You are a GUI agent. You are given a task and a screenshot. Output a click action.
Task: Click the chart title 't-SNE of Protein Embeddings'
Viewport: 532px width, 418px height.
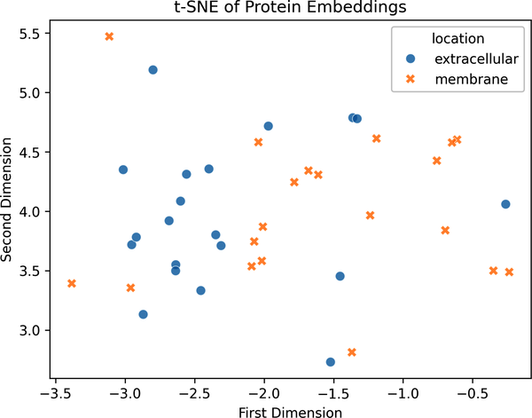coord(290,7)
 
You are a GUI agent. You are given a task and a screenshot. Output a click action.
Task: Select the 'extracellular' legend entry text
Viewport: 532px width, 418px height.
coord(476,59)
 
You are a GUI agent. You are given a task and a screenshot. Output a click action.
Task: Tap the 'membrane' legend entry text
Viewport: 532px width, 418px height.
coord(472,79)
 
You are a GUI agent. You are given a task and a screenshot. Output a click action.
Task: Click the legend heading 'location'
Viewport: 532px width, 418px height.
coord(458,38)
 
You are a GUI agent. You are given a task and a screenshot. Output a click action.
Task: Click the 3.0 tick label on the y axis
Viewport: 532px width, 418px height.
coord(30,330)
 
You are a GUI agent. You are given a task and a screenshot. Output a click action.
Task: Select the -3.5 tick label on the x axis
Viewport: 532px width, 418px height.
coord(56,394)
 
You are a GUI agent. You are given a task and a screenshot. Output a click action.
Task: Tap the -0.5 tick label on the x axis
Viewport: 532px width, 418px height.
coord(473,394)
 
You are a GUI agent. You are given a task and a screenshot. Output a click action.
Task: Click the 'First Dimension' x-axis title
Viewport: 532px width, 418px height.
coord(290,412)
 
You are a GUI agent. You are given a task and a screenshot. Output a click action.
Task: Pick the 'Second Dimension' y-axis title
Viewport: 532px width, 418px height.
coord(6,200)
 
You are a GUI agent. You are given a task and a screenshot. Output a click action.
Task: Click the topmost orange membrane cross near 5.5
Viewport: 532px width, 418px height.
coord(109,36)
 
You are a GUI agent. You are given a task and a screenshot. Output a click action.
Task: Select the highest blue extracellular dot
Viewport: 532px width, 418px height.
coord(153,70)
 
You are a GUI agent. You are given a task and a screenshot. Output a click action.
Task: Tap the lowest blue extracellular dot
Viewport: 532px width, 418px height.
coord(331,362)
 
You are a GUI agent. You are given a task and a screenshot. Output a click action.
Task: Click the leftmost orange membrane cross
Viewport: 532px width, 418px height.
coord(72,283)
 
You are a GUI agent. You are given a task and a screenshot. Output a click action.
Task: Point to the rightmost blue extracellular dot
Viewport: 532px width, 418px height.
coord(505,204)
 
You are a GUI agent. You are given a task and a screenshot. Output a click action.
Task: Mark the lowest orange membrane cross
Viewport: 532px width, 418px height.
coord(352,352)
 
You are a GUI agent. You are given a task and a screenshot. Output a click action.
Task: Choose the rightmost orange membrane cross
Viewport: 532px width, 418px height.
coord(509,272)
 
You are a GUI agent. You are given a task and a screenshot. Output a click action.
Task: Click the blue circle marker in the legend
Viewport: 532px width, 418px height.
coord(411,59)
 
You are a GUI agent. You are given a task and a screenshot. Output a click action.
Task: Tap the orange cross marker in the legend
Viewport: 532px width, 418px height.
coord(411,79)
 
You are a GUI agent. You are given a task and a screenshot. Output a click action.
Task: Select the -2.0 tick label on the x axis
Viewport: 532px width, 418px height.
coord(264,394)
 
